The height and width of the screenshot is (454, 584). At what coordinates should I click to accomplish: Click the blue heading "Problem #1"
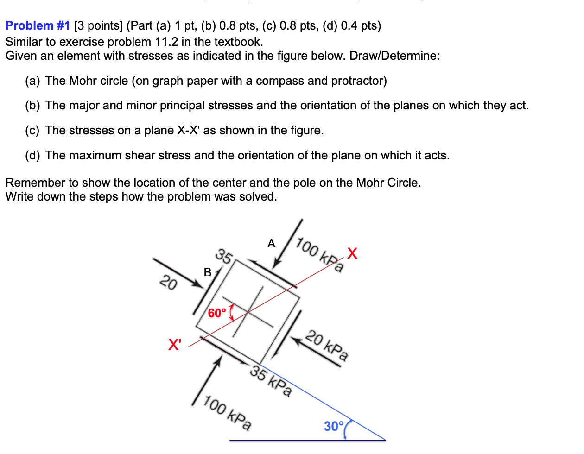38,26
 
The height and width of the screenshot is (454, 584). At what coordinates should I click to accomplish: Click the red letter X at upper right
352,253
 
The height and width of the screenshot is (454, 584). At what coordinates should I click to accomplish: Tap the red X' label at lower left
175,345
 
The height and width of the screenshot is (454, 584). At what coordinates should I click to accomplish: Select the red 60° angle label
217,314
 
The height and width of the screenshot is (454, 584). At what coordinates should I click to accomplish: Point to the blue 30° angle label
334,426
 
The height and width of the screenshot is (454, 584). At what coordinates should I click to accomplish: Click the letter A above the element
272,243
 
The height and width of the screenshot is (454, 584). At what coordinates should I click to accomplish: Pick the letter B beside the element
208,272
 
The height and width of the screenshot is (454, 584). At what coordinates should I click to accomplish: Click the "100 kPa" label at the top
320,255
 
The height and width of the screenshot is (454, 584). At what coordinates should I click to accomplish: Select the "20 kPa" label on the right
327,346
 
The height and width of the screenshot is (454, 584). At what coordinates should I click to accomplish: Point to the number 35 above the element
224,256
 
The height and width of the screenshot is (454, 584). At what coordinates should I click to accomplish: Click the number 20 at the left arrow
168,282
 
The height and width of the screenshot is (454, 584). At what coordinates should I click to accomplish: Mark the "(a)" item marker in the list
32,81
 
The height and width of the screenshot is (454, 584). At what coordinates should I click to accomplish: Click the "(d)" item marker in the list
32,156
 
